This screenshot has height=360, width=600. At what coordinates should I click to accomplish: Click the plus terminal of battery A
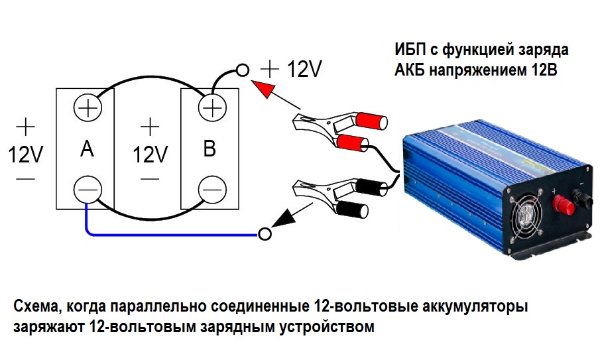pos(87,107)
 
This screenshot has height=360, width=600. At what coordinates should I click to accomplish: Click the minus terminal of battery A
pos(87,190)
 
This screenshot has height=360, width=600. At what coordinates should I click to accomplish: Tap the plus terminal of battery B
pos(211,107)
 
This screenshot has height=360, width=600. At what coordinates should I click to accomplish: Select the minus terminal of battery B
pos(211,189)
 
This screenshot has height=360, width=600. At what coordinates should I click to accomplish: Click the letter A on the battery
pos(87,150)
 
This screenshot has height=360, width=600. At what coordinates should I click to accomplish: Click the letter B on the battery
pos(210,149)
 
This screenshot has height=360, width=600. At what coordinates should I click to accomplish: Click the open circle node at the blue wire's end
pos(265,233)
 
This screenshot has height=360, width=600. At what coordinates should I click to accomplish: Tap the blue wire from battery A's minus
pos(166,233)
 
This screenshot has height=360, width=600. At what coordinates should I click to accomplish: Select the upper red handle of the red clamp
pos(371,121)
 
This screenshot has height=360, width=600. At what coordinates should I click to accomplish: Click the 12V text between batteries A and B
pos(150,155)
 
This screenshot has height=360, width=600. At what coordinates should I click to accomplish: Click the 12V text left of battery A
pos(26,155)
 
